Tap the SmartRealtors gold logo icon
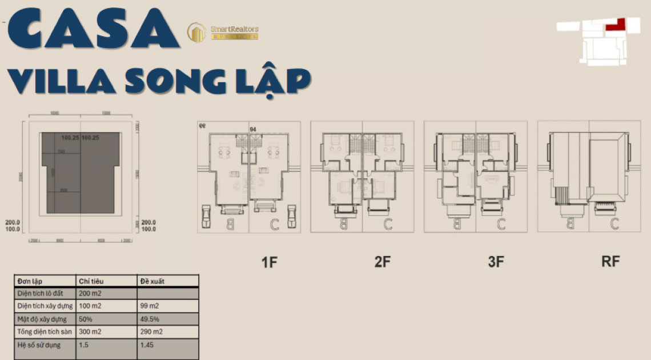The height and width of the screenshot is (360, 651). pos(197,33)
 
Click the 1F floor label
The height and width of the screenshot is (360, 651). pos(269,262)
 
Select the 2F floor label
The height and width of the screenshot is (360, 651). pos(382,262)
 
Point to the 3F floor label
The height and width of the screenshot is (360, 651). pos(496,262)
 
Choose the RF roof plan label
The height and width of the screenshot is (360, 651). pos(610,262)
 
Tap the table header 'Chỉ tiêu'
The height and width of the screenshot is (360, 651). pos(91,281)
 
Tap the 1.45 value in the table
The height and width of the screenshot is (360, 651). pos(147,345)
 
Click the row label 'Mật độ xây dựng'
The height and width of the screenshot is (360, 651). pos(42,319)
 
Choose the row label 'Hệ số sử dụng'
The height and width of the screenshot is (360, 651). pos(39,345)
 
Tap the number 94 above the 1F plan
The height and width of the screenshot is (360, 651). pos(252,130)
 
